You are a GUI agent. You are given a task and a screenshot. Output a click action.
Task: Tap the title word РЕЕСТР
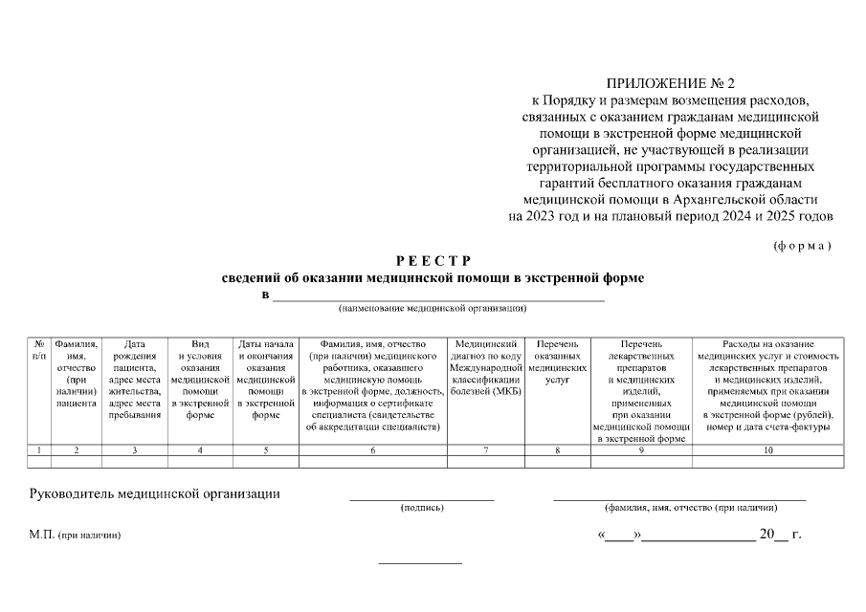pyautogui.click(x=433, y=260)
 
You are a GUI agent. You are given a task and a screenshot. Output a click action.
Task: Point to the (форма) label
pyautogui.click(x=802, y=246)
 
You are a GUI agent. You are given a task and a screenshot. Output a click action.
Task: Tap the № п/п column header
pyautogui.click(x=38, y=349)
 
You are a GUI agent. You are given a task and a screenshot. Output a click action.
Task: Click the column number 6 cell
pyautogui.click(x=373, y=449)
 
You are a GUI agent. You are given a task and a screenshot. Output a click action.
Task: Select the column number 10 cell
pyautogui.click(x=767, y=449)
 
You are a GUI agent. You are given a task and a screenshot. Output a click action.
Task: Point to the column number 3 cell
pyautogui.click(x=134, y=449)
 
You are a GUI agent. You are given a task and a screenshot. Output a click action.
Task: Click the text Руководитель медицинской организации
pyautogui.click(x=154, y=494)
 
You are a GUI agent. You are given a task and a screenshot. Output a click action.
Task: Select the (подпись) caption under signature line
pyautogui.click(x=421, y=508)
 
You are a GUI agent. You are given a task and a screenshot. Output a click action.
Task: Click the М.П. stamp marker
pyautogui.click(x=44, y=535)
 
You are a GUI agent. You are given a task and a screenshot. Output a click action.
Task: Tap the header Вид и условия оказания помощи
pyautogui.click(x=200, y=380)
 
